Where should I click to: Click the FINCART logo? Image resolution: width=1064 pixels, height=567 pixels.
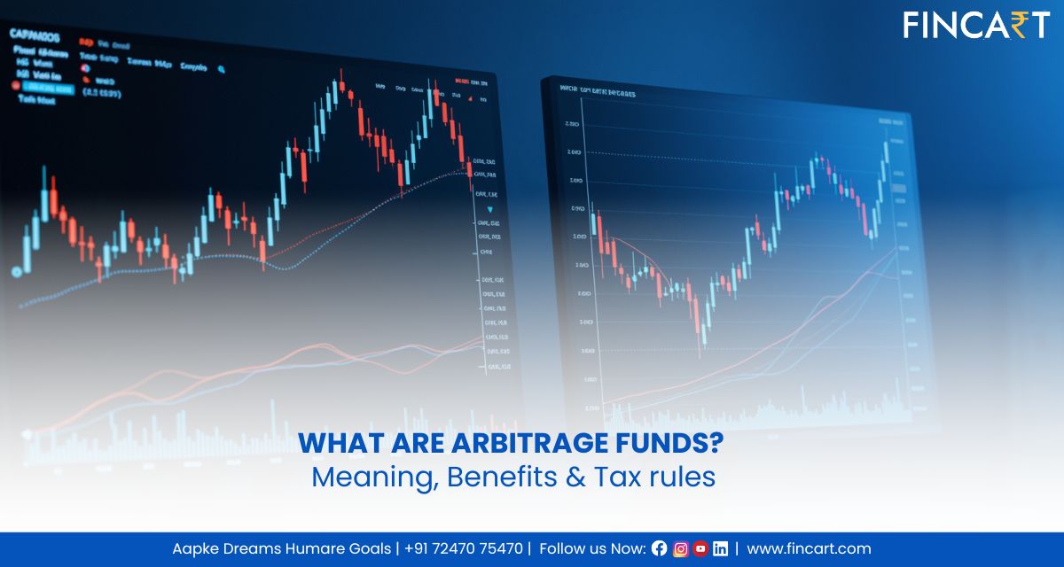[x=976, y=25]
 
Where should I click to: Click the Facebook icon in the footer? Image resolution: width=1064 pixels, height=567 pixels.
[x=659, y=548]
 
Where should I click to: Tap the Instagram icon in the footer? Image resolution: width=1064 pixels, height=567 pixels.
[x=680, y=548]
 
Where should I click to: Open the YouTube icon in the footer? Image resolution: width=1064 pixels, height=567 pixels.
[x=700, y=548]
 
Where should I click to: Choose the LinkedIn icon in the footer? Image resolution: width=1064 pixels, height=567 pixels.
[x=721, y=548]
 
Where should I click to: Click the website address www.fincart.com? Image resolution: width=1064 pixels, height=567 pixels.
[x=809, y=548]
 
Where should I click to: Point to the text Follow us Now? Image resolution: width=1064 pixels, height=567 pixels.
[x=591, y=548]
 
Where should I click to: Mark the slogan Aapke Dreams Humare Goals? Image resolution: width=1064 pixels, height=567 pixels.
[x=281, y=548]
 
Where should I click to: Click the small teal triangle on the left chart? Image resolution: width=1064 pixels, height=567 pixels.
[x=489, y=210]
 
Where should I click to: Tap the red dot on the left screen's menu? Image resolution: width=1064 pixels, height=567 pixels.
[x=15, y=86]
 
